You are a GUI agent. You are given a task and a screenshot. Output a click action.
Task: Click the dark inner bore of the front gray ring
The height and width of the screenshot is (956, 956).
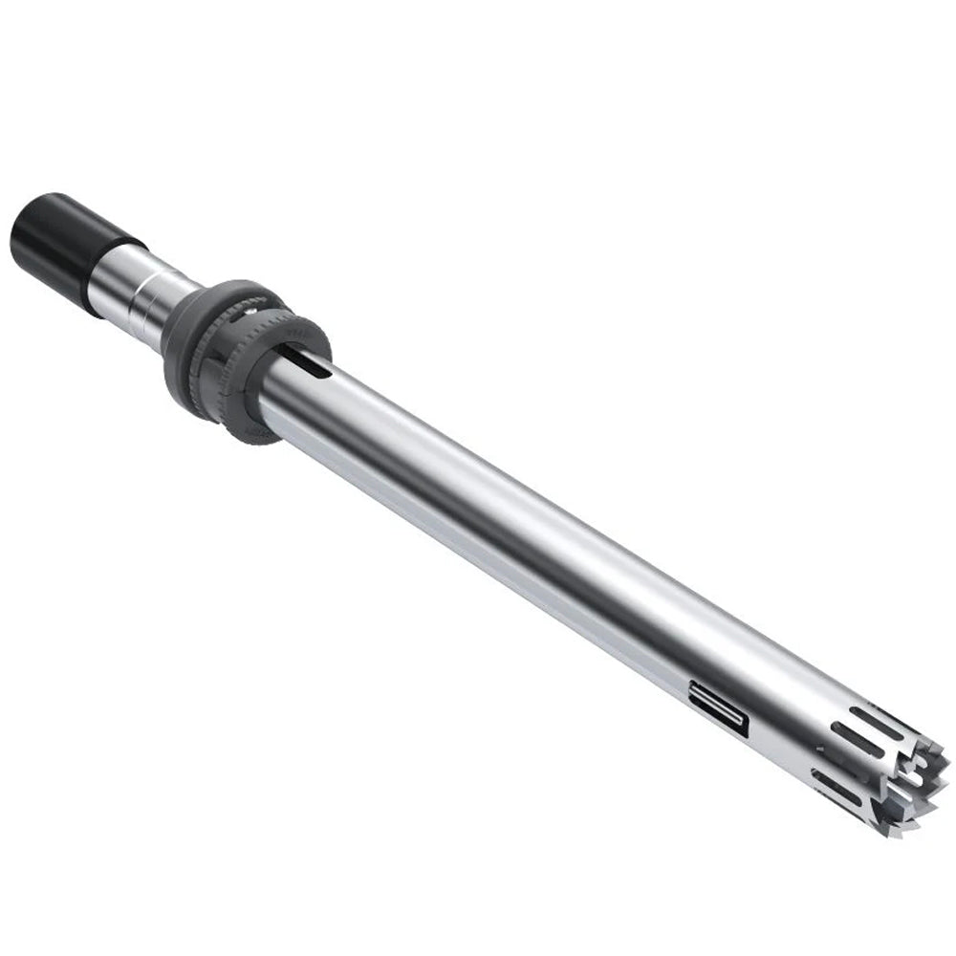coord(287,368)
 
